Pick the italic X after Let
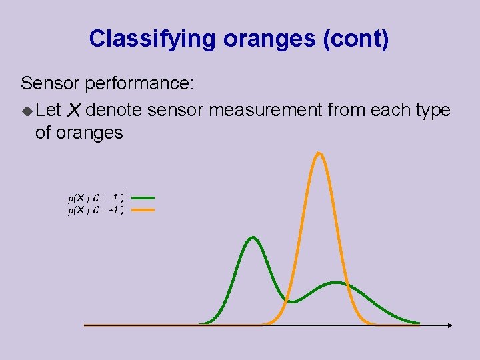coord(74,109)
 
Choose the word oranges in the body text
coord(89,132)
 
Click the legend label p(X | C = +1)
coord(95,210)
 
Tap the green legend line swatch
coord(143,198)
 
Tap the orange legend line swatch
coord(143,210)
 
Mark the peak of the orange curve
coord(319,153)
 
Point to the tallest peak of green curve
coord(252,237)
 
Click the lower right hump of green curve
coord(337,283)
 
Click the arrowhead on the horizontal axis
coord(449,325)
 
